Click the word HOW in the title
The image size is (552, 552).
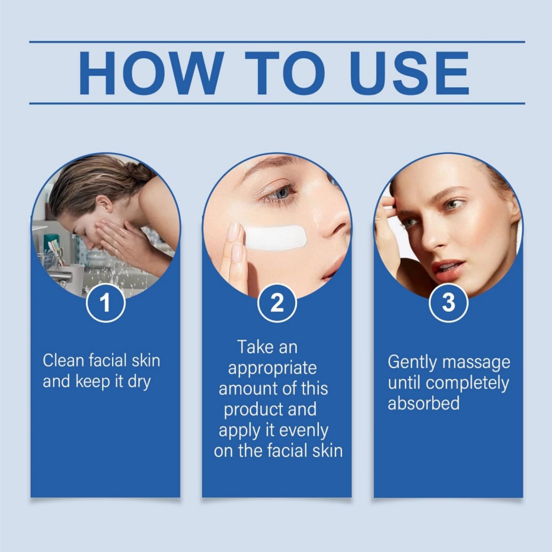pos(149,73)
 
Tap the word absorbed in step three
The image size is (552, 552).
pos(424,403)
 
